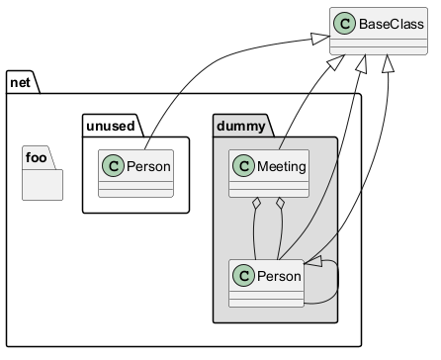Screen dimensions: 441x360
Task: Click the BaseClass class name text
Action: pos(392,24)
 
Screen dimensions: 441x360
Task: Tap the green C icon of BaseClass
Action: pos(344,24)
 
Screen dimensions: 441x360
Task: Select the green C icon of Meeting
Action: pos(243,166)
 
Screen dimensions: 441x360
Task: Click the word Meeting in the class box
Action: pos(282,166)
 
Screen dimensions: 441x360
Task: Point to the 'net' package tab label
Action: pos(20,83)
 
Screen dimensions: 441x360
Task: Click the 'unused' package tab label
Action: pos(111,127)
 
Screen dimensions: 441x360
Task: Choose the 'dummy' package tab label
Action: pos(241,127)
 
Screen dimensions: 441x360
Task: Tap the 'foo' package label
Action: pos(37,157)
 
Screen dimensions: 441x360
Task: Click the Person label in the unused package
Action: pos(148,166)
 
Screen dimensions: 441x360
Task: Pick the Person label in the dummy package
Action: pos(279,276)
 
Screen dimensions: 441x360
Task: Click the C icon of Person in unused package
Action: pos(113,166)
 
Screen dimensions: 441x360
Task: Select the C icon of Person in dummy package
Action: pos(243,275)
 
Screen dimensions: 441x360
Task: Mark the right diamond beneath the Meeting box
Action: pos(280,203)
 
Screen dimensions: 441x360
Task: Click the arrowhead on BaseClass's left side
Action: pos(320,39)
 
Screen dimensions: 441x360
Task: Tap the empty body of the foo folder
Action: pos(43,185)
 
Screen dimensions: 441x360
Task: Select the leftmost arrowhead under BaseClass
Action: pos(337,62)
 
